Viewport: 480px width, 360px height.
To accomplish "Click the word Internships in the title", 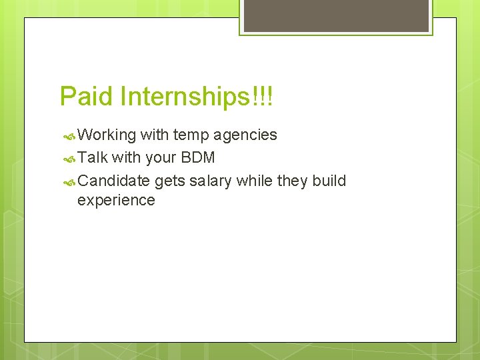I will (185, 97).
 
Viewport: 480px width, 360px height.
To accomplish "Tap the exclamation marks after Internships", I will (264, 97).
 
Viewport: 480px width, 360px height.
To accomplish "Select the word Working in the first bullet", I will (107, 135).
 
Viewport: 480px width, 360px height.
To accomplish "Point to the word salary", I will (211, 181).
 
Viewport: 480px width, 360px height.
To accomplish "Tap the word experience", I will (116, 200).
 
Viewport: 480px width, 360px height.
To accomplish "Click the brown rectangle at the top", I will (336, 15).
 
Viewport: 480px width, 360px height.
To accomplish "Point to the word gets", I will (170, 181).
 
